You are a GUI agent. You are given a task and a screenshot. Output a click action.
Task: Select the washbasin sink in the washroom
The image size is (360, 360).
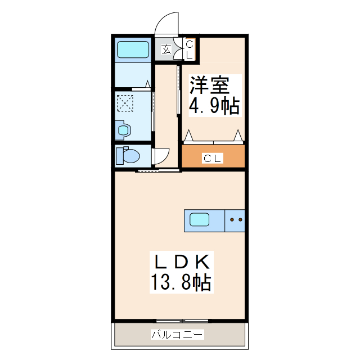pyautogui.click(x=123, y=130)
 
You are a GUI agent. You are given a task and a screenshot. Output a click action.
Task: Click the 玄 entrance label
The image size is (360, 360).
pyautogui.click(x=166, y=49)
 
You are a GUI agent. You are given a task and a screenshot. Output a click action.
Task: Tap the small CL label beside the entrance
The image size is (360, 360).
pyautogui.click(x=189, y=49)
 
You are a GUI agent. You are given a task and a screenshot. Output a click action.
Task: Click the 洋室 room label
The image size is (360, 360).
pyautogui.click(x=209, y=85)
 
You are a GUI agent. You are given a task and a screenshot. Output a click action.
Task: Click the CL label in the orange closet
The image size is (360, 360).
pyautogui.click(x=213, y=159)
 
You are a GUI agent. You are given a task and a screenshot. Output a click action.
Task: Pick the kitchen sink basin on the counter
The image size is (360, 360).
pyautogui.click(x=200, y=219)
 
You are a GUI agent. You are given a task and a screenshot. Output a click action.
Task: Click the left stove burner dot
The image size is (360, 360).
pyautogui.click(x=232, y=220)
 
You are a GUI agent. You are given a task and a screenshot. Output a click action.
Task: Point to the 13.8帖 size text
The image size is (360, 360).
pyautogui.click(x=180, y=282)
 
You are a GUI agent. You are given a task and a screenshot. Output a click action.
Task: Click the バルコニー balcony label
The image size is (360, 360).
pyautogui.click(x=177, y=335)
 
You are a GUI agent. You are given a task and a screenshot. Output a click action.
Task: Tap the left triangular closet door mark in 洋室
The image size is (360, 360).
pyautogui.click(x=189, y=135)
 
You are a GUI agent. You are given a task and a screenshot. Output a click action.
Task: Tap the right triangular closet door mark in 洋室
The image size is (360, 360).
pyautogui.click(x=238, y=134)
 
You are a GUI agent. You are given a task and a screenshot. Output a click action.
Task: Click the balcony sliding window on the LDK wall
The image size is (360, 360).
pyautogui.click(x=180, y=321)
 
